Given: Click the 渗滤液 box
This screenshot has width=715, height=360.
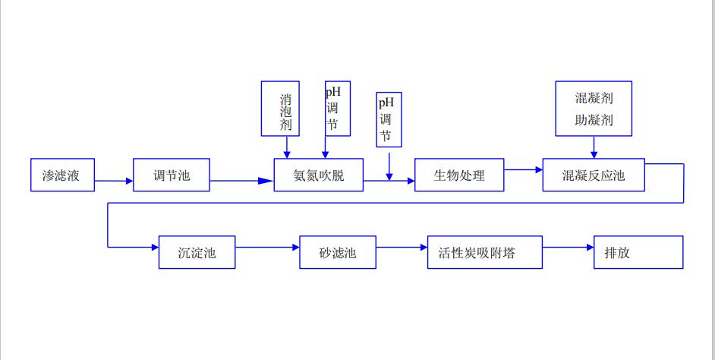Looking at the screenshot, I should [x=63, y=175].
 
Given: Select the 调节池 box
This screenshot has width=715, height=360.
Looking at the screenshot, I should [x=172, y=175].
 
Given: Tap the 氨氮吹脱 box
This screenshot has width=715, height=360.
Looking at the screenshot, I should [x=318, y=175].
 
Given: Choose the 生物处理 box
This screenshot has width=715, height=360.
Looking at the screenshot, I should [x=458, y=175].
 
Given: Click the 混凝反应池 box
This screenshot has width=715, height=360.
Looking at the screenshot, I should [x=593, y=175].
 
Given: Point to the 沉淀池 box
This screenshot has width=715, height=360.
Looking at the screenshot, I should [x=197, y=252].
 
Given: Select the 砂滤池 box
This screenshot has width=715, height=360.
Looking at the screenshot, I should [x=338, y=252].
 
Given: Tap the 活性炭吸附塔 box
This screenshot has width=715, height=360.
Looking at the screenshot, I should [x=485, y=252].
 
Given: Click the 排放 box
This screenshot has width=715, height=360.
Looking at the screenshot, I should [x=638, y=252].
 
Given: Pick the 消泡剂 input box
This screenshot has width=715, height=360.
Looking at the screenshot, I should [x=280, y=109].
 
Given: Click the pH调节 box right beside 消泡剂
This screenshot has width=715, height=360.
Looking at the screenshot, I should [x=338, y=109].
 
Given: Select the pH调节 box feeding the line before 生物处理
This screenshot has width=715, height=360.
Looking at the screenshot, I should [x=389, y=119].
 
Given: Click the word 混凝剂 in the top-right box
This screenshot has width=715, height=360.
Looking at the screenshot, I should [x=594, y=99].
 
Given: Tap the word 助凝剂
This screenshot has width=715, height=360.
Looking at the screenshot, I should [x=594, y=120].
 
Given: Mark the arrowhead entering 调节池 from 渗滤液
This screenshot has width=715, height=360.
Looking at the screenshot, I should [x=126, y=181].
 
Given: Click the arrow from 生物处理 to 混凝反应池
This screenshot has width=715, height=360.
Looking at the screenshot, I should [x=522, y=170].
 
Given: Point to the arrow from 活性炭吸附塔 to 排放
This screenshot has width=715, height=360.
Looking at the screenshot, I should [x=568, y=248].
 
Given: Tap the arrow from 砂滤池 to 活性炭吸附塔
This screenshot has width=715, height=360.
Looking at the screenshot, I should [x=402, y=248].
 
